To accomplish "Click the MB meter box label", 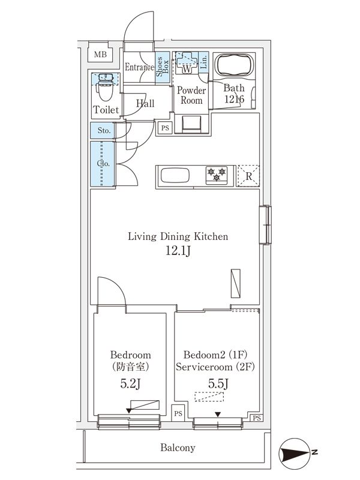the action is tap(100, 55).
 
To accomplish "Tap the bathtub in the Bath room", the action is tap(234, 65).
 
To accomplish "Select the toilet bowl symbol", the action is tap(104, 88).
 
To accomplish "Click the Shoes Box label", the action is tap(162, 67).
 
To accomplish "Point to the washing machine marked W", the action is tap(187, 63).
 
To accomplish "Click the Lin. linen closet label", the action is tap(203, 62).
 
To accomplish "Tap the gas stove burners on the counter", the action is tap(217, 175).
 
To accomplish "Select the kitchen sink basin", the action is tap(175, 176).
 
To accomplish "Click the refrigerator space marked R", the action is tap(248, 176).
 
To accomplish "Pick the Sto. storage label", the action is tap(104, 130).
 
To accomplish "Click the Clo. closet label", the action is tap(103, 163).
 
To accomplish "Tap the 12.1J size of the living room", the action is tap(178, 251).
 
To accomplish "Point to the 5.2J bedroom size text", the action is tap(130, 383).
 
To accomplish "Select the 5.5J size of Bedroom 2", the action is tap(218, 383).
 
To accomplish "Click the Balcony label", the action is tap(178, 448).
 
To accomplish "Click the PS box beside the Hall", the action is tap(165, 128).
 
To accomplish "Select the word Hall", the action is tap(145, 103).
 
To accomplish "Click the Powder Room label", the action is tap(191, 95).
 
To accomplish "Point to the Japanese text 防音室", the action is tap(130, 367).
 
